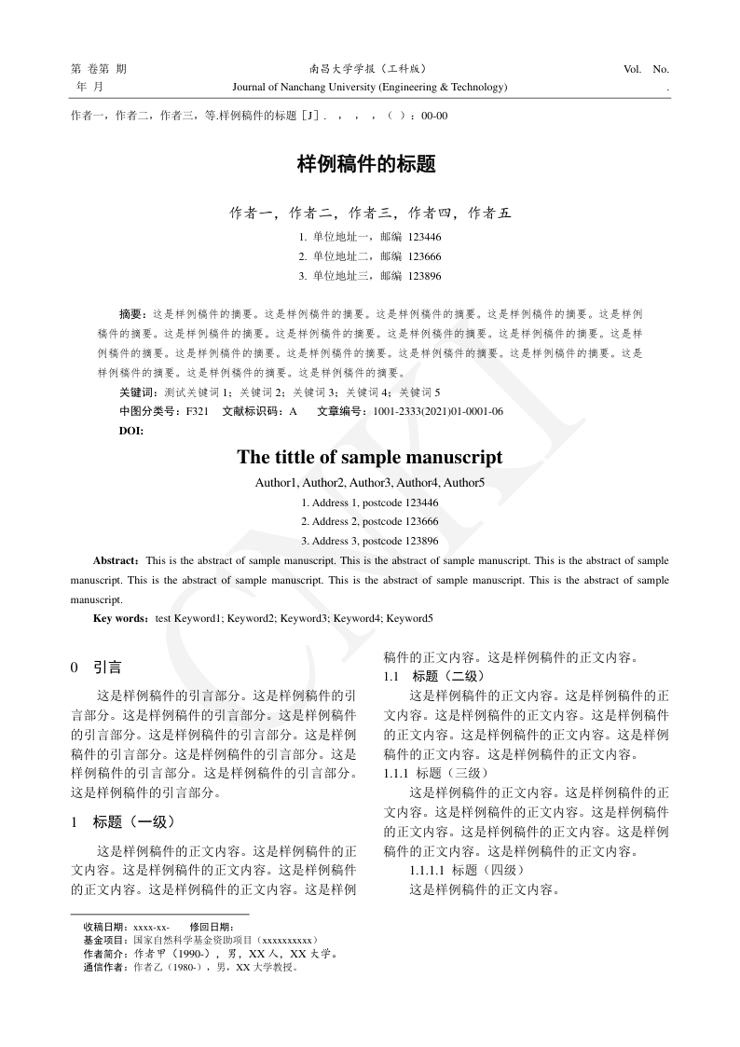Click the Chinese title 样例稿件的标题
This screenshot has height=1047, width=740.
[x=366, y=165]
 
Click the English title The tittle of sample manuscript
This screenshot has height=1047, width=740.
[x=369, y=457]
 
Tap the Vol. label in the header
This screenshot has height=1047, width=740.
[x=631, y=69]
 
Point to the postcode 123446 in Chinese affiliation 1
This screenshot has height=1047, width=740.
[x=424, y=237]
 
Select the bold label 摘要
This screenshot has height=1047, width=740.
[x=132, y=314]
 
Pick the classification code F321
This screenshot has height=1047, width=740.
[x=197, y=411]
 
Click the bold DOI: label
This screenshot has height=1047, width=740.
[x=131, y=430]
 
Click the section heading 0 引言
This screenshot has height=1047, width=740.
[x=96, y=668]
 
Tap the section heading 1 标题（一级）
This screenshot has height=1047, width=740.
[x=122, y=822]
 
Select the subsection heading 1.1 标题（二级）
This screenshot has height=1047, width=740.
[x=434, y=676]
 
